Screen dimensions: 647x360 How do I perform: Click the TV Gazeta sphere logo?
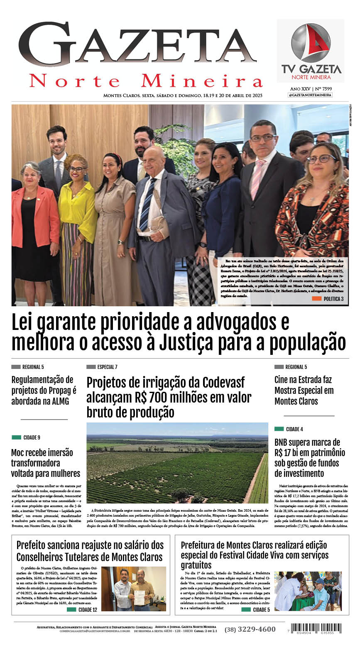(311, 43)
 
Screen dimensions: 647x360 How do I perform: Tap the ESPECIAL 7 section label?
(102, 367)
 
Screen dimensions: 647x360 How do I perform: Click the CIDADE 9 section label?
(27, 437)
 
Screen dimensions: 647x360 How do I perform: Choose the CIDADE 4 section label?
(289, 429)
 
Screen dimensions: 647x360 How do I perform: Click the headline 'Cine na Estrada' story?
(304, 390)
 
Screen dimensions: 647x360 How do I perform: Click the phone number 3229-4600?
(250, 629)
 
